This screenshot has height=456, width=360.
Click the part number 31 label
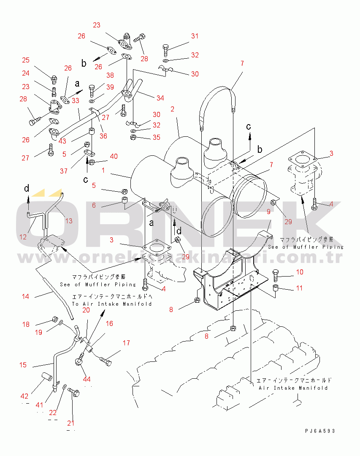point(195,36)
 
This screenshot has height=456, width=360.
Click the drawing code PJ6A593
point(321,431)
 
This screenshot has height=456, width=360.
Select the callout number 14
point(26,297)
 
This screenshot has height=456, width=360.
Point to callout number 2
point(172,109)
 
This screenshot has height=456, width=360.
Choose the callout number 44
point(87,379)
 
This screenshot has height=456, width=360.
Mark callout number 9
point(268,212)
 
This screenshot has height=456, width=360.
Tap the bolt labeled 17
point(106,361)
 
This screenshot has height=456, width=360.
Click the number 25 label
point(26,60)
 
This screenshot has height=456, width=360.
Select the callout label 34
point(160,98)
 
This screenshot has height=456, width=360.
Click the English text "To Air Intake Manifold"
point(111,304)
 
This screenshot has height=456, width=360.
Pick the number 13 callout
point(68,221)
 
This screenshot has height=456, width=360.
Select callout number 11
point(299,288)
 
